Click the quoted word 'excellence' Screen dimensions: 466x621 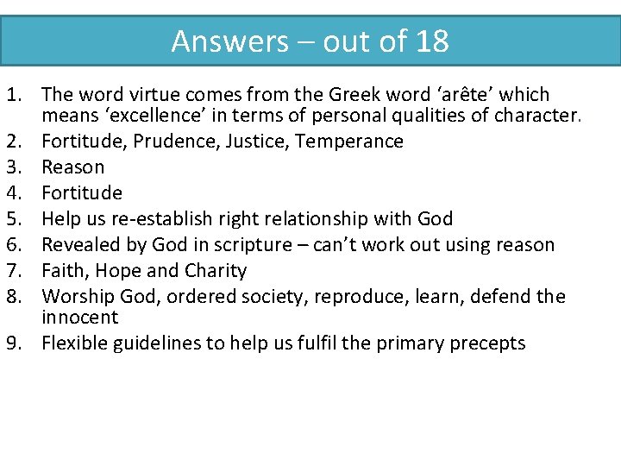click(154, 115)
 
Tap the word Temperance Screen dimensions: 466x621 click(349, 141)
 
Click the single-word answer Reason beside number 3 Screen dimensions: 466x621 click(73, 167)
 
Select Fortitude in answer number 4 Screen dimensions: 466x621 click(82, 192)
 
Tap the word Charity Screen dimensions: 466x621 click(215, 270)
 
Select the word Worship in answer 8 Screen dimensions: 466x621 click(78, 296)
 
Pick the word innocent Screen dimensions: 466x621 click(80, 317)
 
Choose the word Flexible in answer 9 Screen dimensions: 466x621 click(77, 343)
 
